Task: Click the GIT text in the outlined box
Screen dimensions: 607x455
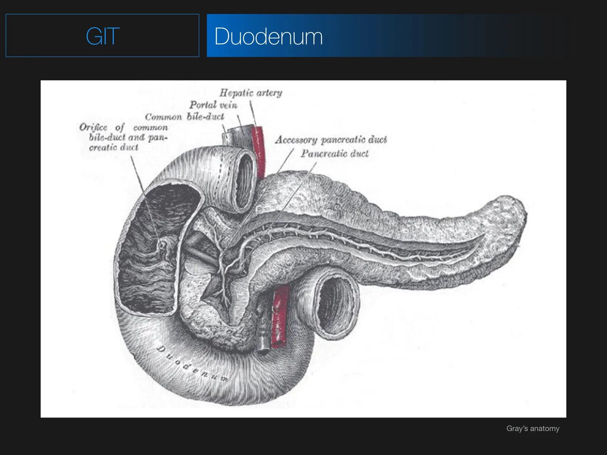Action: tap(102, 36)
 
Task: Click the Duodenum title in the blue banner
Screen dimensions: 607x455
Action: tap(268, 36)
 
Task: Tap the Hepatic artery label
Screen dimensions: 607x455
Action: tap(251, 93)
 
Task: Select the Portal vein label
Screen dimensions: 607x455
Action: tap(213, 105)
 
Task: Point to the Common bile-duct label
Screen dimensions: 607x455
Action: tap(184, 117)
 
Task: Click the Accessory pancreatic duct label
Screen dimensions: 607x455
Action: tap(331, 140)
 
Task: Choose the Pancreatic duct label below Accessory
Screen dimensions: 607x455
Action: tap(335, 154)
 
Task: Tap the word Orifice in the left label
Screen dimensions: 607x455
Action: tap(93, 127)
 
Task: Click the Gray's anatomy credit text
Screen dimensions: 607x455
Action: tap(533, 428)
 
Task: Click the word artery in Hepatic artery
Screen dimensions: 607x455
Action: tap(269, 93)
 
